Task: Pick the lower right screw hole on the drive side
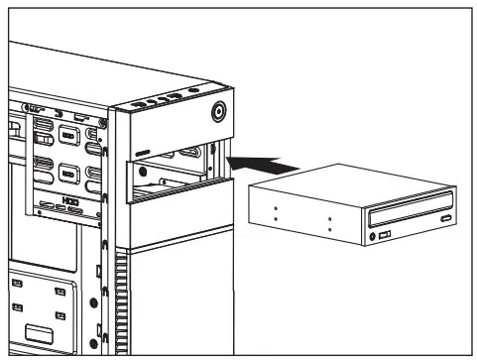tap(328, 230)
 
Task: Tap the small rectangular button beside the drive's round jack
tap(384, 236)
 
